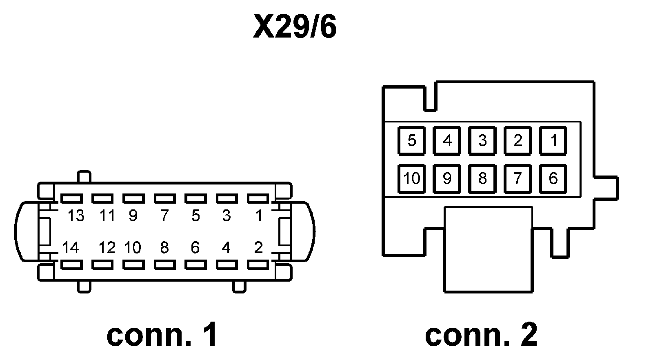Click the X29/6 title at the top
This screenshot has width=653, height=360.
click(x=295, y=27)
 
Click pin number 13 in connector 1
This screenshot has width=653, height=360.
click(x=76, y=216)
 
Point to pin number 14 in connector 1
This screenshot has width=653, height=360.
click(x=71, y=247)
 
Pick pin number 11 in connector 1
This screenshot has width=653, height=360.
click(x=107, y=216)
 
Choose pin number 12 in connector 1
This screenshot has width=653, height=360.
click(x=107, y=247)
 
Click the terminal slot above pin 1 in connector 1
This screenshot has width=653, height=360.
click(x=258, y=198)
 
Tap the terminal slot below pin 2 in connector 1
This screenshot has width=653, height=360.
click(x=258, y=264)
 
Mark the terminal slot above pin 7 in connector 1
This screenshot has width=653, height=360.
click(x=165, y=198)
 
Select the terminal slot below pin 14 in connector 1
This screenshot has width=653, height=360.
click(x=71, y=264)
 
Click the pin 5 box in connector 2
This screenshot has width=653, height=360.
click(x=411, y=140)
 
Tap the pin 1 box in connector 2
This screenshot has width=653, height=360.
click(x=553, y=140)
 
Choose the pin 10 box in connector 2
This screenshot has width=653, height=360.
click(x=411, y=179)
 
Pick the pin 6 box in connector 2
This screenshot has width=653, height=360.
click(x=553, y=179)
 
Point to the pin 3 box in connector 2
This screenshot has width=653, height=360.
click(x=482, y=140)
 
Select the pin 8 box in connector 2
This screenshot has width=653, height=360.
click(x=482, y=179)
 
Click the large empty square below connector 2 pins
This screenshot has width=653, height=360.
click(x=488, y=249)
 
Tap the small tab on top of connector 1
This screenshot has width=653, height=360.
click(x=84, y=177)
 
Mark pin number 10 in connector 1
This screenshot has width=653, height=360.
click(x=133, y=247)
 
